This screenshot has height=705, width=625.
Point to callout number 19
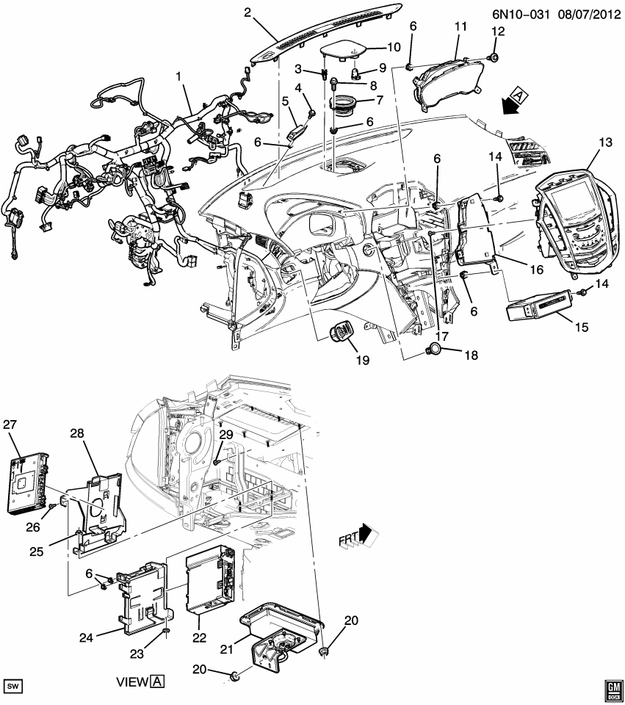(363, 361)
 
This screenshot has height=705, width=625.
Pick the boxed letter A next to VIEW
(157, 681)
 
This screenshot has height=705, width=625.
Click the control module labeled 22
(210, 581)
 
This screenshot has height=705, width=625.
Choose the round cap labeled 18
(435, 351)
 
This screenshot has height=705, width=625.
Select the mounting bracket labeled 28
(99, 511)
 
